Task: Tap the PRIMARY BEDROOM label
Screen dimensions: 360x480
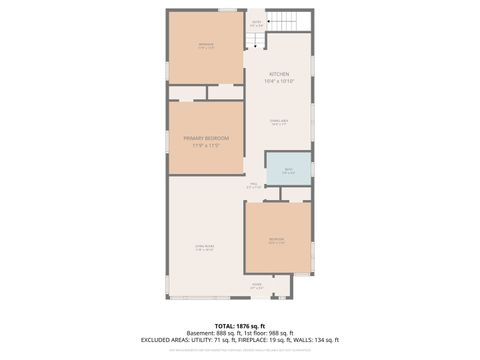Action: [205, 138]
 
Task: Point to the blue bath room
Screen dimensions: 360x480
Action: [288, 168]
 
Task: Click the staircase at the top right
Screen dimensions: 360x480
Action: [287, 22]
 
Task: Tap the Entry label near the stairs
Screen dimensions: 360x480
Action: [256, 23]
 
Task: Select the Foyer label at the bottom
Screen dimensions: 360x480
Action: [257, 286]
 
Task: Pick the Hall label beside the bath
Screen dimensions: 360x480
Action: [254, 184]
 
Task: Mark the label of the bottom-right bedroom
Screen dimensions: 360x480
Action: [277, 240]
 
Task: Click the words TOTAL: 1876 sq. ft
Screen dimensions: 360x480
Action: [240, 326]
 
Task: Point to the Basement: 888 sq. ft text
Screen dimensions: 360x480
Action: [213, 333]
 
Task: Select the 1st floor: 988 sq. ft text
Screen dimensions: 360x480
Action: [268, 333]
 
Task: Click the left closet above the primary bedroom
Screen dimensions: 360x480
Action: [186, 92]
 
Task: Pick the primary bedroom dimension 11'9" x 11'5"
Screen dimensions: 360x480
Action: [205, 145]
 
